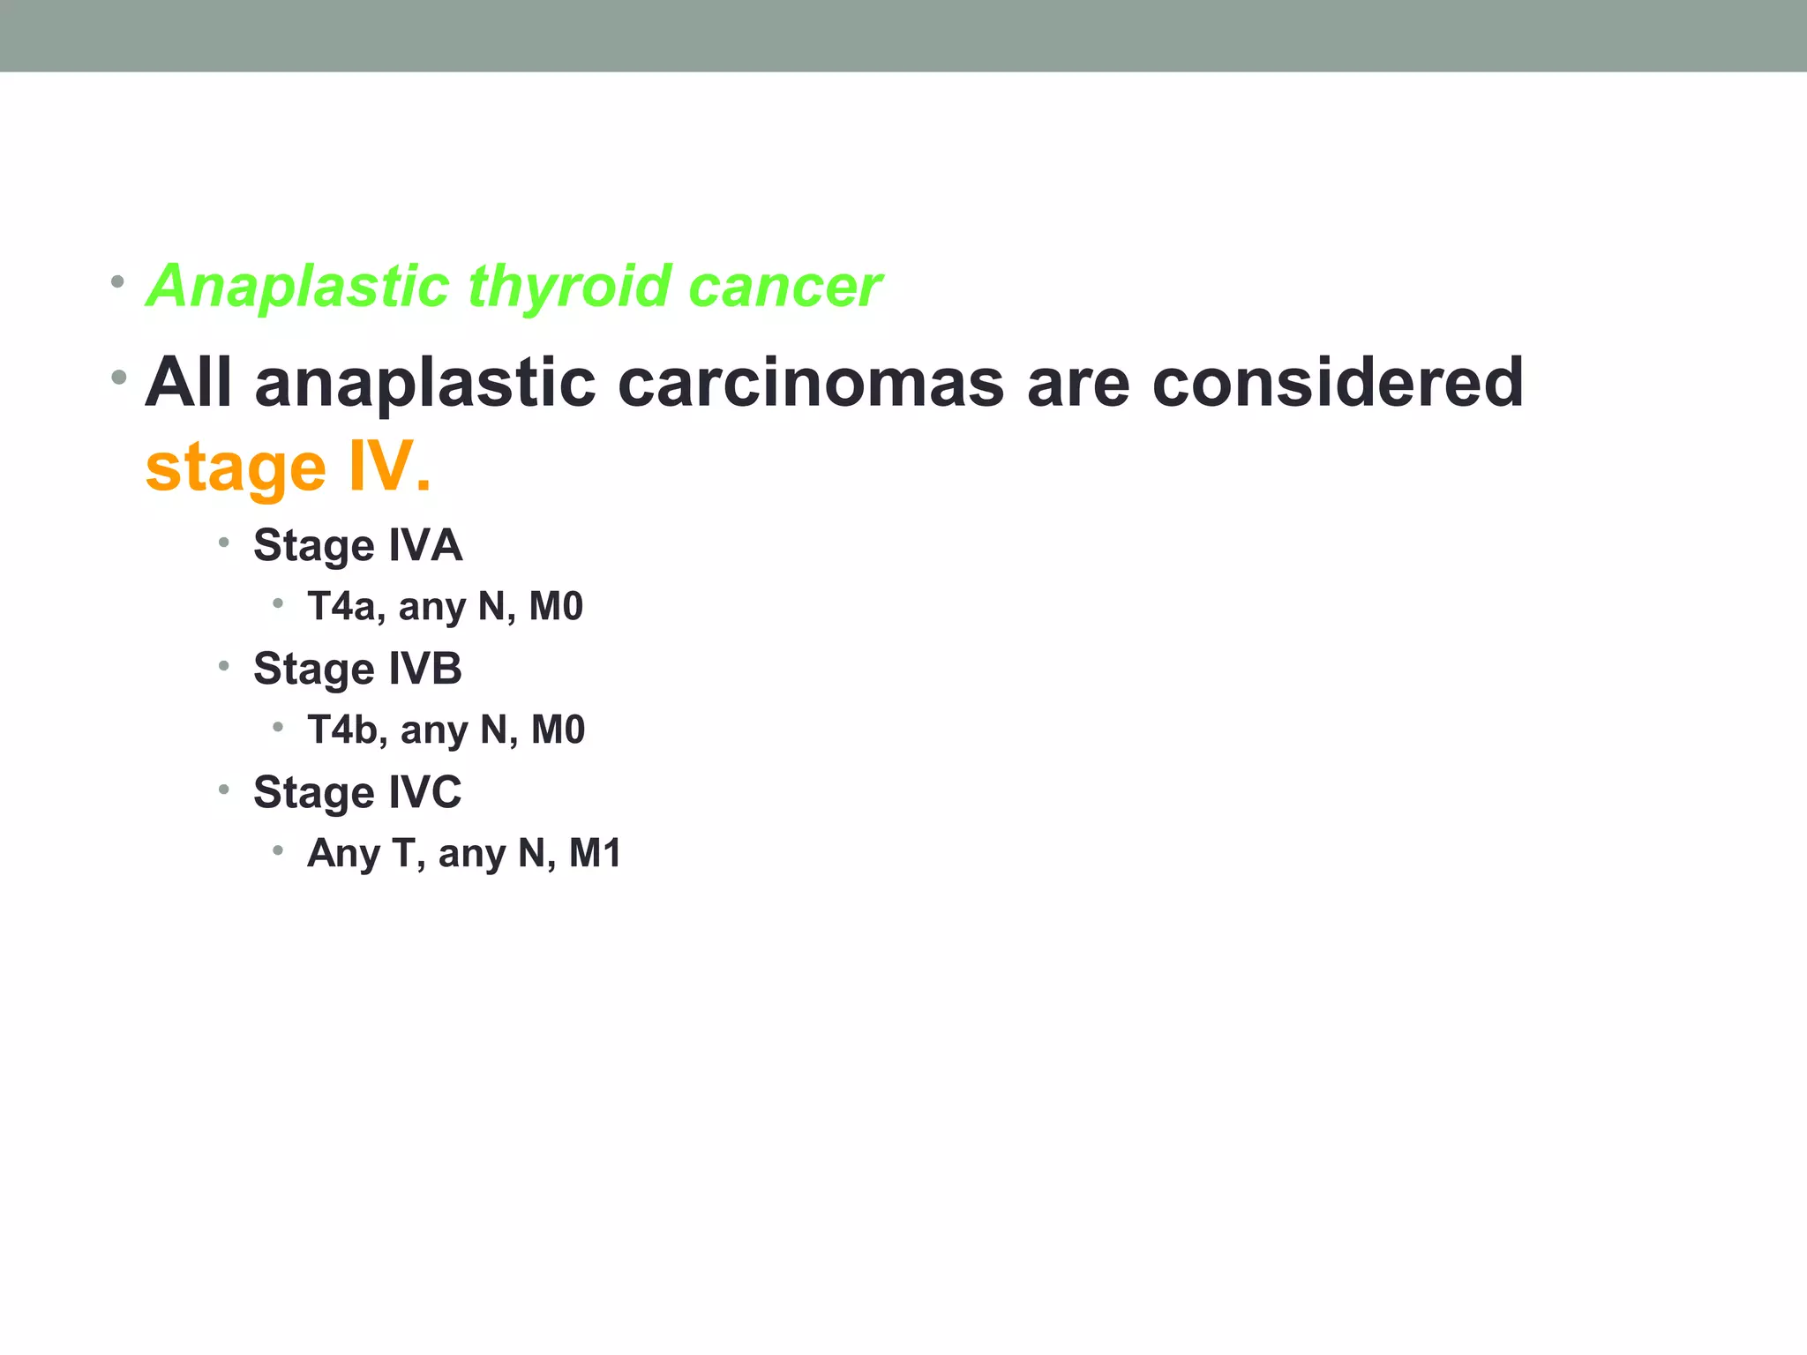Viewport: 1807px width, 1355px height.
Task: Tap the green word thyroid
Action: [569, 288]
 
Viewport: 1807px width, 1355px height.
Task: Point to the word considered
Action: [1337, 384]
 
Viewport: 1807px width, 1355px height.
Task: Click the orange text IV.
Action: [389, 468]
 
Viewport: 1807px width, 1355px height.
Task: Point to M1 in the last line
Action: [596, 854]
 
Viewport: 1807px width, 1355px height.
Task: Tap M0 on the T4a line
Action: [556, 607]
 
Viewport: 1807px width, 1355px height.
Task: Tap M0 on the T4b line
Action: [558, 730]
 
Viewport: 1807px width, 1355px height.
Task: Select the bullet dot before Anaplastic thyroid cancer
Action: [117, 283]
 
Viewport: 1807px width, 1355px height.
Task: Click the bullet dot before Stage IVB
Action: [224, 666]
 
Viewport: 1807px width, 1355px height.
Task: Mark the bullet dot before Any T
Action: [278, 850]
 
